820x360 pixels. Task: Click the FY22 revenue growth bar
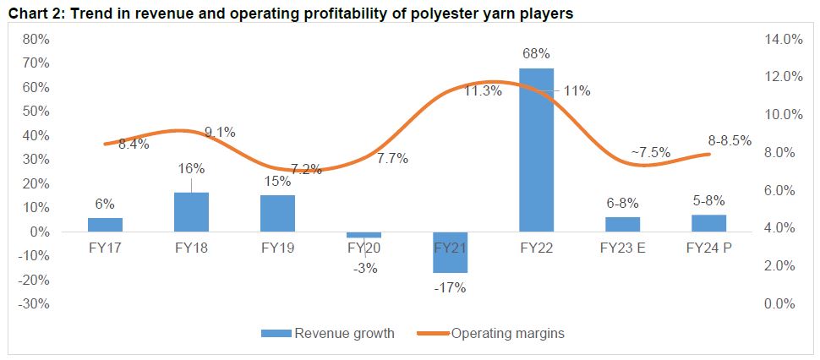[536, 150]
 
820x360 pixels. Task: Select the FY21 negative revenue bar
[450, 252]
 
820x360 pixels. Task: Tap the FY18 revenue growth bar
[191, 212]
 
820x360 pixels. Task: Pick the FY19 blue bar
[277, 213]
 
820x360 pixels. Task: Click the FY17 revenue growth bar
[105, 225]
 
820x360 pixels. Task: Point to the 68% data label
[536, 53]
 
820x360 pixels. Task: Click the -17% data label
[450, 287]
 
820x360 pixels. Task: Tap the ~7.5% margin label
[650, 153]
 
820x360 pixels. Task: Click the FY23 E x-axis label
[622, 248]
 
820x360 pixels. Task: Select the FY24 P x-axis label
[708, 248]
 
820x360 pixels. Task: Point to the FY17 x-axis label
[105, 248]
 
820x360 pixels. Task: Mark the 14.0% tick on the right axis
[782, 39]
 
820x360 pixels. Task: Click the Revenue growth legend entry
[333, 333]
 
